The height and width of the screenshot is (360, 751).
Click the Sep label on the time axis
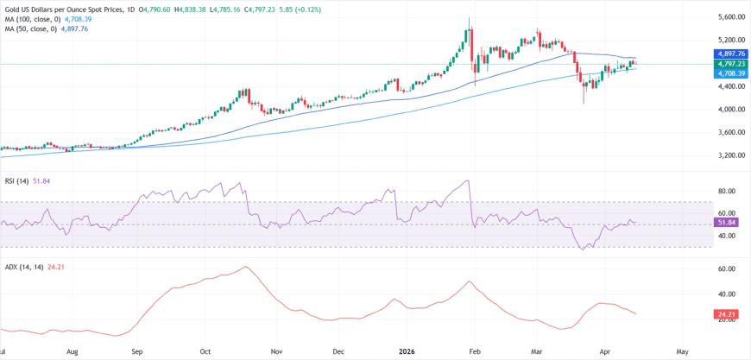[x=137, y=352]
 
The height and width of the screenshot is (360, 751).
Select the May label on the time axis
[x=682, y=352]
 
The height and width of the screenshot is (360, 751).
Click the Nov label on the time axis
[x=275, y=352]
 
